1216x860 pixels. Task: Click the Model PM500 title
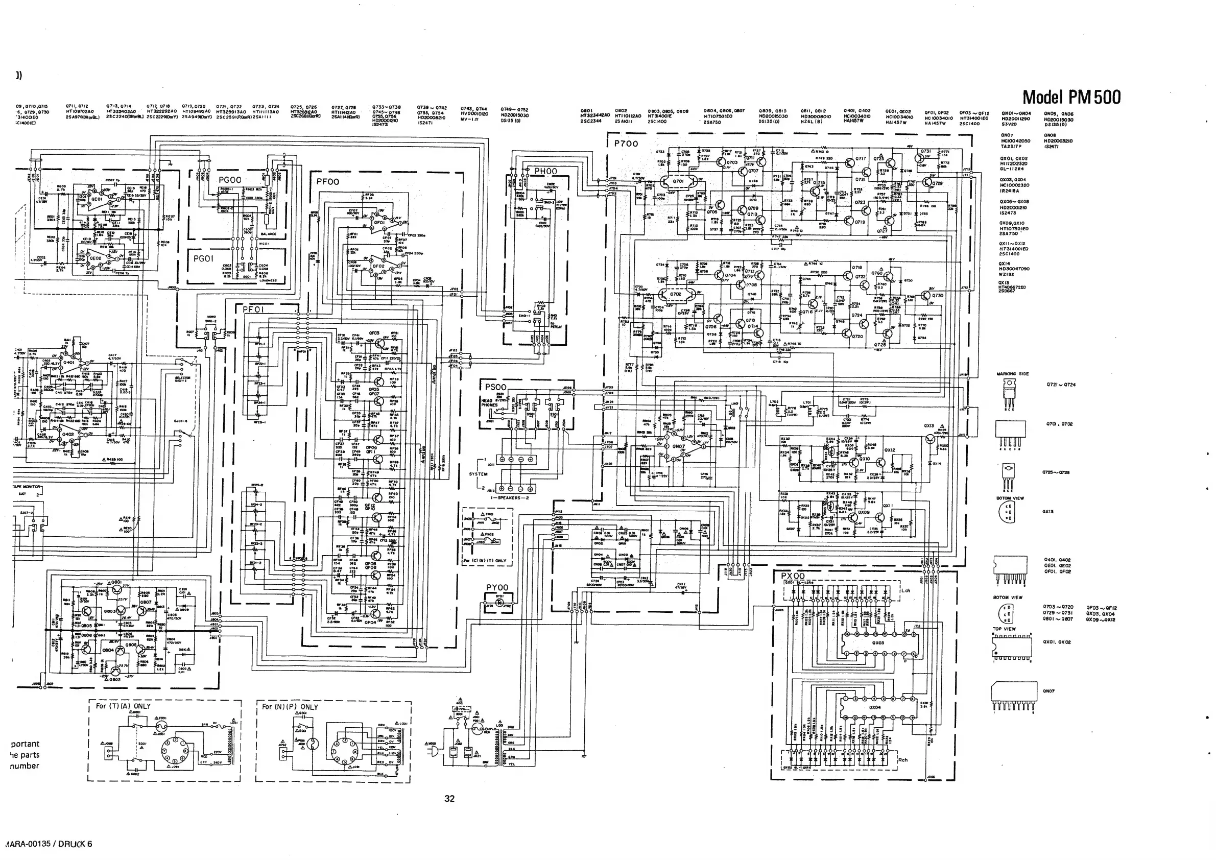pyautogui.click(x=1071, y=97)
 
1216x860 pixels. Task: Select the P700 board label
pyautogui.click(x=626, y=144)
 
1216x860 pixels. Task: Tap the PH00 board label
pyautogui.click(x=545, y=171)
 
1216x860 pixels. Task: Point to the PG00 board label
pyautogui.click(x=230, y=180)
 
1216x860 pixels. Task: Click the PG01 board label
pyautogui.click(x=203, y=258)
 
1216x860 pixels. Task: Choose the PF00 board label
pyautogui.click(x=327, y=182)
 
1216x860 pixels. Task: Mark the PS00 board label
pyautogui.click(x=496, y=387)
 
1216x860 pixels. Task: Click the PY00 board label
pyautogui.click(x=497, y=587)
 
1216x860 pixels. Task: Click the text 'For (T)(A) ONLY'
pyautogui.click(x=123, y=706)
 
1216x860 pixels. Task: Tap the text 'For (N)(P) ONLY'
pyautogui.click(x=290, y=706)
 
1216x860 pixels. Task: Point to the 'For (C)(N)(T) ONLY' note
pyautogui.click(x=485, y=560)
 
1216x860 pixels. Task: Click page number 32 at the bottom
pyautogui.click(x=449, y=799)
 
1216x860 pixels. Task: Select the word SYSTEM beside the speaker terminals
pyautogui.click(x=478, y=474)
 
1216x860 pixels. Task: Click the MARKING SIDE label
pyautogui.click(x=1012, y=374)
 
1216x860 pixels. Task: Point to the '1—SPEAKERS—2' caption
pyautogui.click(x=510, y=498)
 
